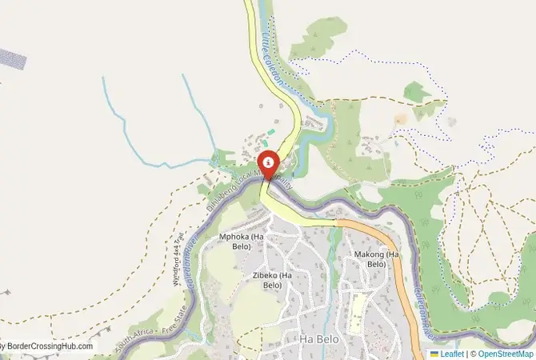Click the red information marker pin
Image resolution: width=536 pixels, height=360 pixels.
(266, 162)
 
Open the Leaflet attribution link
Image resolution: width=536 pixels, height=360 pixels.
(452, 353)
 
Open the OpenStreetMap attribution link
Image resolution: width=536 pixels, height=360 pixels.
(506, 353)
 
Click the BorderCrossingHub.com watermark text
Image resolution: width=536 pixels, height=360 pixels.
(48, 346)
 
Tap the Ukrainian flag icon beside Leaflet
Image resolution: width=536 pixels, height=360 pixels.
(434, 353)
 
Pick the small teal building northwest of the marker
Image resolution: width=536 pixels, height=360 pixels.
(270, 131)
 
